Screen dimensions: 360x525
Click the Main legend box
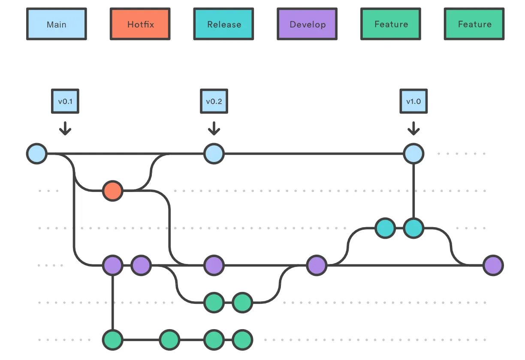tap(57, 24)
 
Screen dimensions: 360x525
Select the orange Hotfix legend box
tap(140, 24)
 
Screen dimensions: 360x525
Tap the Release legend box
tap(223, 24)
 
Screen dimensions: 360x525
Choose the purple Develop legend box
tap(307, 24)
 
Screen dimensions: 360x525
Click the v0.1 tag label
tap(65, 102)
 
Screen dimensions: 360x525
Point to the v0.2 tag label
tap(214, 102)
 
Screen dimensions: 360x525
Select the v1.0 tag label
tap(413, 102)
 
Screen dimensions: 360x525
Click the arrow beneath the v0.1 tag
tap(65, 128)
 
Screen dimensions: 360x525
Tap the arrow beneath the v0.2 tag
tap(214, 128)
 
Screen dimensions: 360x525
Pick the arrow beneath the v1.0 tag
tap(413, 128)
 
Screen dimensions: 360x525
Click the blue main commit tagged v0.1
tap(37, 153)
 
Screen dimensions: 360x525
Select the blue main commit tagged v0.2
tap(214, 153)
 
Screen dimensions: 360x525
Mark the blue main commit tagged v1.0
tap(413, 153)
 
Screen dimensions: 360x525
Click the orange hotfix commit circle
tap(112, 191)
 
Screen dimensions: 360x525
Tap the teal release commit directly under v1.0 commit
tap(413, 228)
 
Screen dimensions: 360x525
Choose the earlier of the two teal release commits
tap(385, 228)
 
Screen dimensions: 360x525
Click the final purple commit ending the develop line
tap(493, 265)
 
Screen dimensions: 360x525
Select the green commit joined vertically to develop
tap(112, 340)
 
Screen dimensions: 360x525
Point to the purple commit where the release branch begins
tap(317, 265)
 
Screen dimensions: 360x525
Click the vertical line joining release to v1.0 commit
tap(413, 191)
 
